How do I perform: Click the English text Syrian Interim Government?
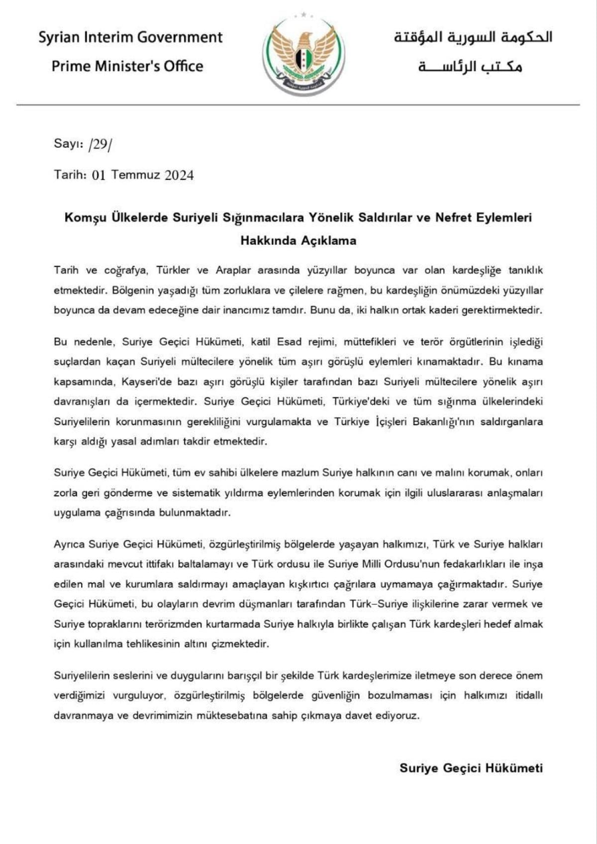[130, 37]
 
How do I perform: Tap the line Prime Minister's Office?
[127, 66]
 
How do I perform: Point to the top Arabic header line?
[473, 37]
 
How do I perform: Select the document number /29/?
[99, 145]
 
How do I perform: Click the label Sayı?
[68, 144]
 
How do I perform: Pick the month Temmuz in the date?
[135, 175]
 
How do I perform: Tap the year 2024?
[179, 175]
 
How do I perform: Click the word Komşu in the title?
[85, 218]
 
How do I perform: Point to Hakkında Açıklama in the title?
[298, 241]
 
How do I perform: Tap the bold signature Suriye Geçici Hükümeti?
[471, 768]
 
